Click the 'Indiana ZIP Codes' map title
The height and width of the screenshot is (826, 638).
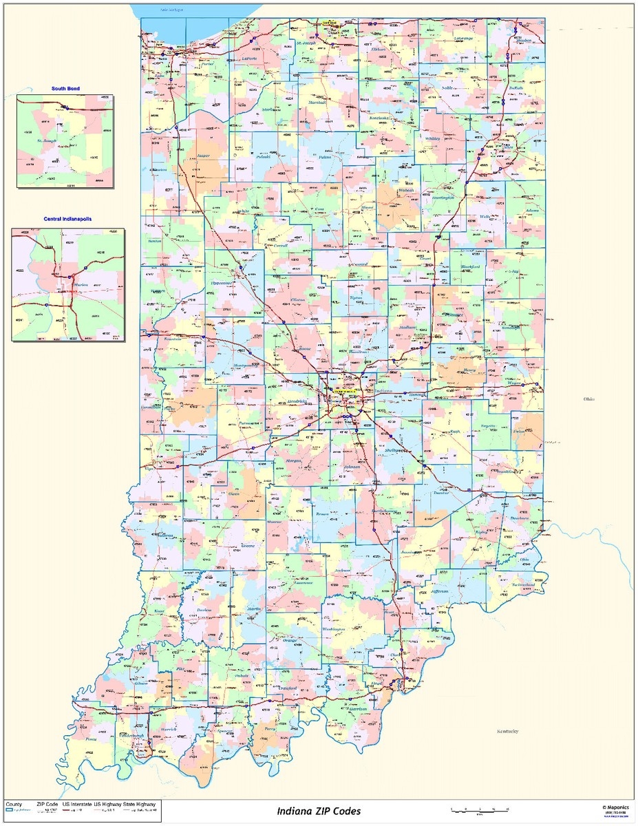(x=319, y=811)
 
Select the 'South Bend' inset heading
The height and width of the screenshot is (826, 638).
(x=65, y=89)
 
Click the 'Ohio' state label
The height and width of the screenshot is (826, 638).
(x=588, y=399)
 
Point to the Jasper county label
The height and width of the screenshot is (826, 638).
(x=203, y=156)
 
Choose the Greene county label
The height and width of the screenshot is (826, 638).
(x=248, y=545)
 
